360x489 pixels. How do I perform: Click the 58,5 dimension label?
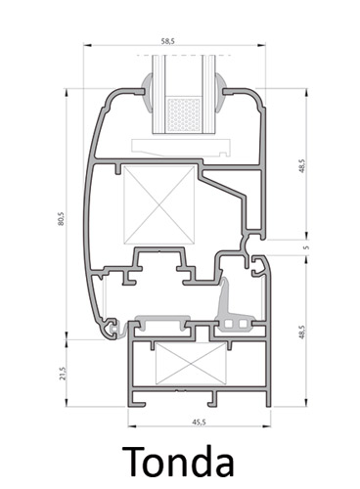(x=168, y=41)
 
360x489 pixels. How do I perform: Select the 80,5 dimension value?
(x=62, y=219)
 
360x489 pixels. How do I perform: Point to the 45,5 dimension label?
(x=199, y=422)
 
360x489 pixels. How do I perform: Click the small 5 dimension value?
(x=305, y=247)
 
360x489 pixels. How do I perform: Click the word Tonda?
(x=178, y=462)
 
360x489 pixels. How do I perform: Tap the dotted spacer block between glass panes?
(x=184, y=114)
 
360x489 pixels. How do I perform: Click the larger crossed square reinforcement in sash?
(x=159, y=204)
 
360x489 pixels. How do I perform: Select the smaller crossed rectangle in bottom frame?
(x=191, y=363)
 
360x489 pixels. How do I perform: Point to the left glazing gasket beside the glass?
(x=147, y=93)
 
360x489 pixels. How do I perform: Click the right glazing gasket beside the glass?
(x=220, y=93)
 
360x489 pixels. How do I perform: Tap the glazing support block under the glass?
(x=181, y=147)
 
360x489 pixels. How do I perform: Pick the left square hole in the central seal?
(x=229, y=324)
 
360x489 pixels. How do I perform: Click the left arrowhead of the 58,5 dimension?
(x=87, y=45)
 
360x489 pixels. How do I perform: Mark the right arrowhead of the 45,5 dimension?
(x=267, y=426)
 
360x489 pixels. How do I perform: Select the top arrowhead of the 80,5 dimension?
(x=67, y=92)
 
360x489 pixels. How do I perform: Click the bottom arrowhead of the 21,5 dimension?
(x=67, y=403)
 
